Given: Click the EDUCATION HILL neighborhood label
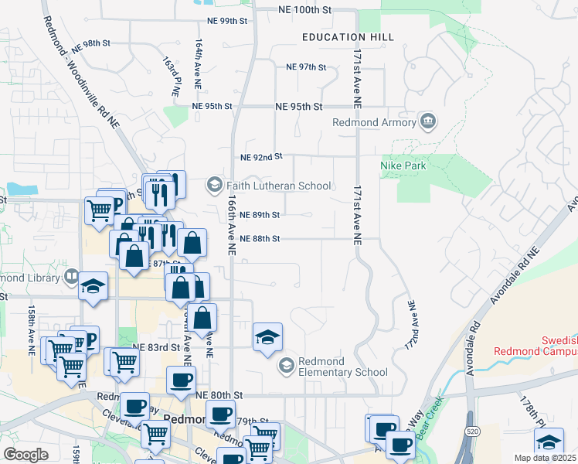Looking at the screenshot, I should point(348,37).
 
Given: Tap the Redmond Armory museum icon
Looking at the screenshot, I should point(427,122).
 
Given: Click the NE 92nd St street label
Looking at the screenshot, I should point(262,157).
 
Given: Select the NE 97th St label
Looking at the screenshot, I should point(306,67).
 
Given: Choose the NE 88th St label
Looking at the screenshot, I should point(259,239).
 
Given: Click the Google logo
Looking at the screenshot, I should point(25,455).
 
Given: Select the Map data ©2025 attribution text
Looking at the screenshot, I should point(545,458).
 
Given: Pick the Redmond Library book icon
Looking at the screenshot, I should point(71,276).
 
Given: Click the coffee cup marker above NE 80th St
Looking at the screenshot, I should point(182,380).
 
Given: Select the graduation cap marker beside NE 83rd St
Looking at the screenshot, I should point(267,337).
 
